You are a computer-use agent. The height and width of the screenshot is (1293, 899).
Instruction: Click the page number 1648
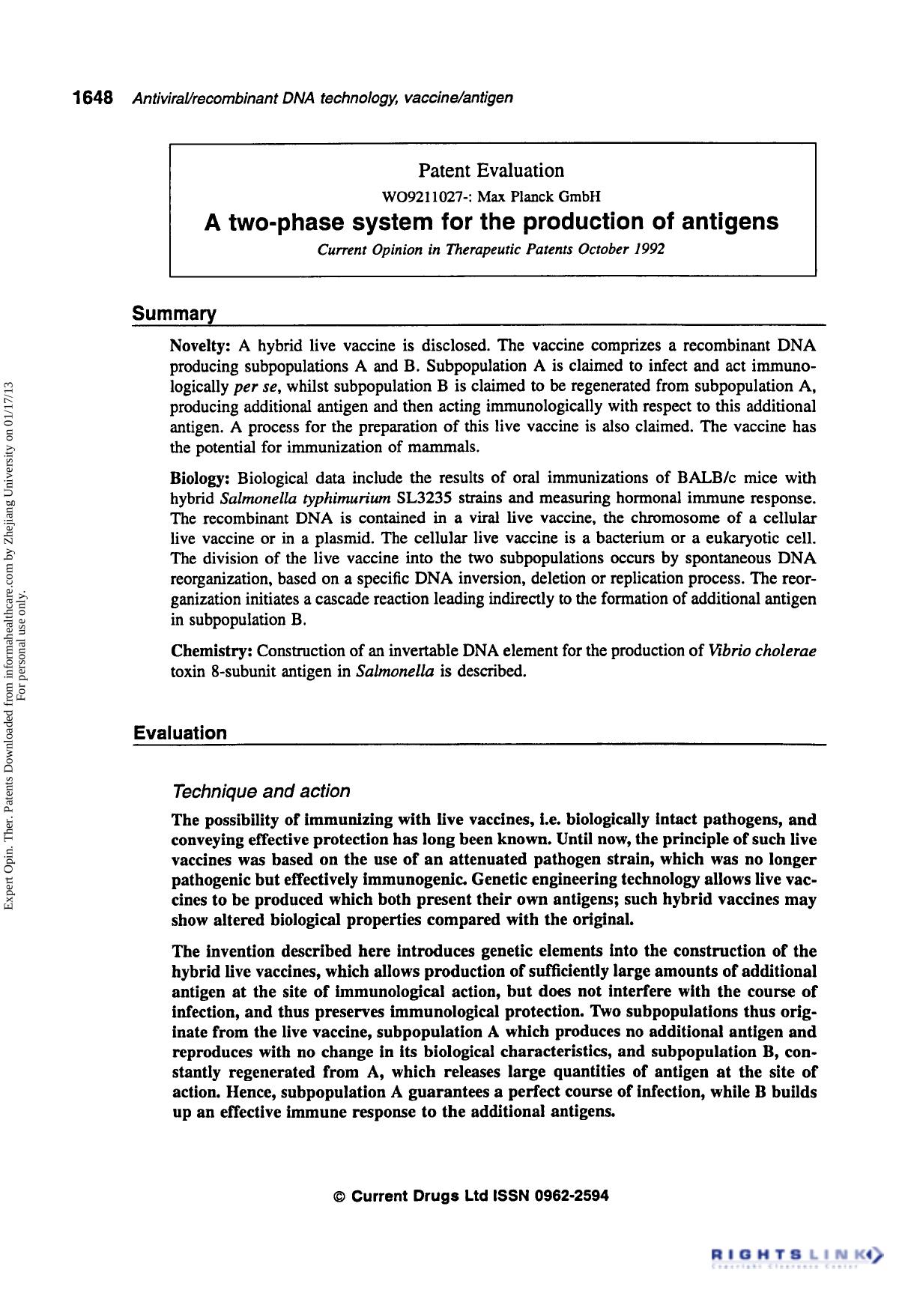tap(92, 98)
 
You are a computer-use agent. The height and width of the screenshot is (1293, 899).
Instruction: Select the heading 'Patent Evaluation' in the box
tap(491, 171)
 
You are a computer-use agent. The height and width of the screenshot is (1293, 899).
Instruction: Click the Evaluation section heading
tap(180, 733)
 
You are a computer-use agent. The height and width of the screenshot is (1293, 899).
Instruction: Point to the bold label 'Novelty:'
tap(200, 346)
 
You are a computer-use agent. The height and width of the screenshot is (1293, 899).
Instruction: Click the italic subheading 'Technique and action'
tap(261, 791)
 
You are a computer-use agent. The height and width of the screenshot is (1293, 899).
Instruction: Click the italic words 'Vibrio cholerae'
tap(762, 650)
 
